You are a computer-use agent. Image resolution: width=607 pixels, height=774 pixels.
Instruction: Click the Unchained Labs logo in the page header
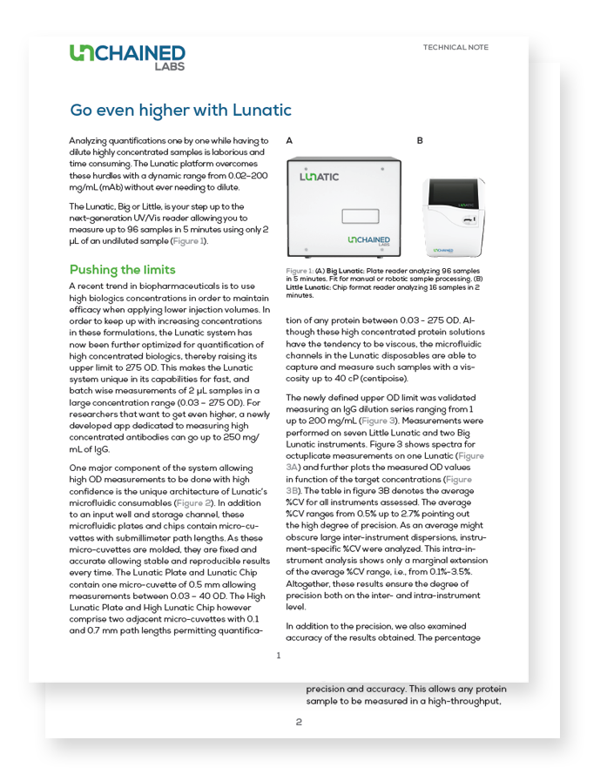(x=127, y=57)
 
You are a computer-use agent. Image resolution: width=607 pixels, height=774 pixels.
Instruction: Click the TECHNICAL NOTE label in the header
(x=455, y=48)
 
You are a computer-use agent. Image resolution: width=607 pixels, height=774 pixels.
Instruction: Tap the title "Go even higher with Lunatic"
(x=180, y=111)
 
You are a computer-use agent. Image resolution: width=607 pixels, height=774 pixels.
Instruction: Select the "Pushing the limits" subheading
(x=122, y=270)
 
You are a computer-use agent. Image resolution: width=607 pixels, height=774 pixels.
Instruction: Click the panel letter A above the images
(x=289, y=140)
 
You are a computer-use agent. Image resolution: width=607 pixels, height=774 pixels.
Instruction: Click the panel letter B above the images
(x=420, y=140)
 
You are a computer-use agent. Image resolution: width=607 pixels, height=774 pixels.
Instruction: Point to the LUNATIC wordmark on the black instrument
(x=320, y=177)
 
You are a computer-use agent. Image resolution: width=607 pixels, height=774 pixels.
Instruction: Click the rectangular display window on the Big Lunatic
(x=361, y=216)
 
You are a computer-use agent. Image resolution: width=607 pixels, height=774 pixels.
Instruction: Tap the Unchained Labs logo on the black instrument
(x=369, y=241)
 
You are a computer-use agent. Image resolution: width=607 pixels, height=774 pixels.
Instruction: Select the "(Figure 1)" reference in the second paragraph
(x=188, y=241)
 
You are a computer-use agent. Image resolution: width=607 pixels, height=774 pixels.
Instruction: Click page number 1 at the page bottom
(x=279, y=656)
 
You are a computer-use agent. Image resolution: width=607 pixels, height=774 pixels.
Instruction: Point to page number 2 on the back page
(x=299, y=722)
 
